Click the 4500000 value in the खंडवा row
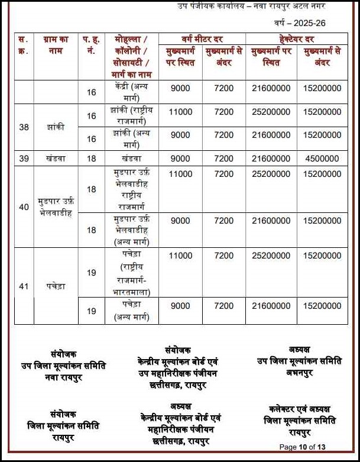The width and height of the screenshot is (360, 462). (x=322, y=159)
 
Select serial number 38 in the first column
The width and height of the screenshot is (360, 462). (x=24, y=127)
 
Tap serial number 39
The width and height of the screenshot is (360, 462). (x=24, y=159)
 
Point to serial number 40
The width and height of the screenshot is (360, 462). (x=24, y=207)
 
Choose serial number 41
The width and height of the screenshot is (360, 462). (x=24, y=286)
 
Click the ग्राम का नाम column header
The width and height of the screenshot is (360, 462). (x=57, y=45)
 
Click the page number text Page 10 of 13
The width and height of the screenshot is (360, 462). (x=302, y=447)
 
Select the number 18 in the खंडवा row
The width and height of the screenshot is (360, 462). (x=92, y=159)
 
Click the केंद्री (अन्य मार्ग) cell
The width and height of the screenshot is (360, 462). (x=131, y=92)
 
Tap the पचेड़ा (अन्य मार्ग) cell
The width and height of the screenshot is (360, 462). (x=131, y=311)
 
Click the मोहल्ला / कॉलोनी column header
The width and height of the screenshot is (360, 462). (x=131, y=56)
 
